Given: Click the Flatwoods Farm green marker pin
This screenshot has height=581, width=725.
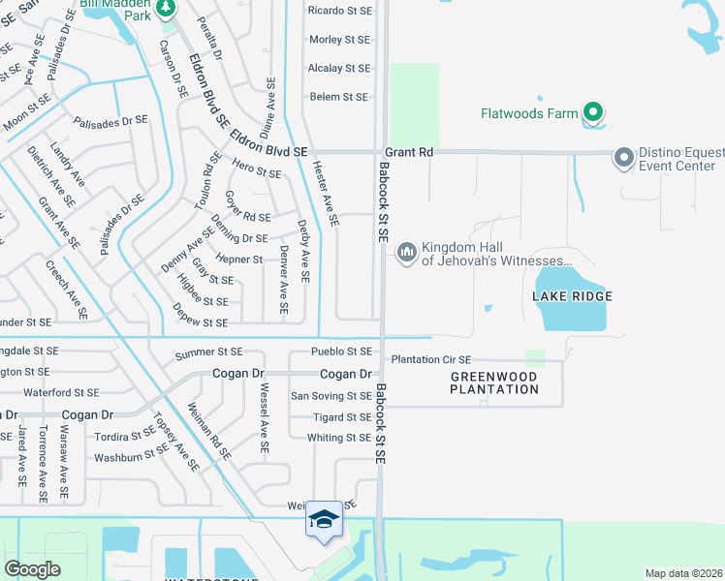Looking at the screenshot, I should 594,113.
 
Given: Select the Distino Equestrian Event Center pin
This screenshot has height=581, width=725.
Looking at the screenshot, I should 624,157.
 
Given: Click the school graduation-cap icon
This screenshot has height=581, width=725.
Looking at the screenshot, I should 324,520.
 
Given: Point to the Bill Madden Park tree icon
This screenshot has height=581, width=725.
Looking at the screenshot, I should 166,8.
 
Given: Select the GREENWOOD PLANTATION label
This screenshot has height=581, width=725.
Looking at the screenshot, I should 494,382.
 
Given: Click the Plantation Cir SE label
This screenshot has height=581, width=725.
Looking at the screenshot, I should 430,359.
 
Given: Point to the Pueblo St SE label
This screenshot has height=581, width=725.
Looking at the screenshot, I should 341,352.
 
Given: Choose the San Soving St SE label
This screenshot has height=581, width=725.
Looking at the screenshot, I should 331,396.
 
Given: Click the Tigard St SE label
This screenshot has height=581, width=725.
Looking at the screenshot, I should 342,417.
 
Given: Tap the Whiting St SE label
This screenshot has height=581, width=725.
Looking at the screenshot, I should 339,438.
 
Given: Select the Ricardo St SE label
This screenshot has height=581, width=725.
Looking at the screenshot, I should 339,11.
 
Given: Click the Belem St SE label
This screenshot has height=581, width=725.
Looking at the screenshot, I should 339,97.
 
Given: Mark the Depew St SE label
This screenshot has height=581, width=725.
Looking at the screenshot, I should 200,321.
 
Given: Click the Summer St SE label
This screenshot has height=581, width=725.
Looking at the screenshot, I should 208,353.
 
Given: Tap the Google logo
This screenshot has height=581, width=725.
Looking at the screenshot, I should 32,569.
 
